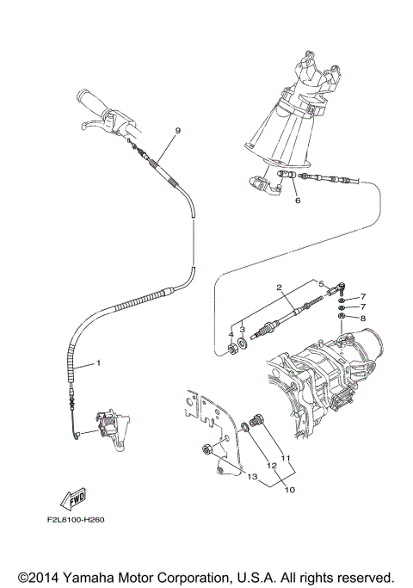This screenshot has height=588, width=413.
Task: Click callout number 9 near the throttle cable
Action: click(177, 130)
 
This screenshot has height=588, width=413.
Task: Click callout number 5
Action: click(320, 283)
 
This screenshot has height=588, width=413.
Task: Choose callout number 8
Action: click(362, 318)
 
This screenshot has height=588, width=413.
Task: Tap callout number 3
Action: click(243, 328)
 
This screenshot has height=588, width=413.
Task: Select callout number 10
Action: click(289, 489)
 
